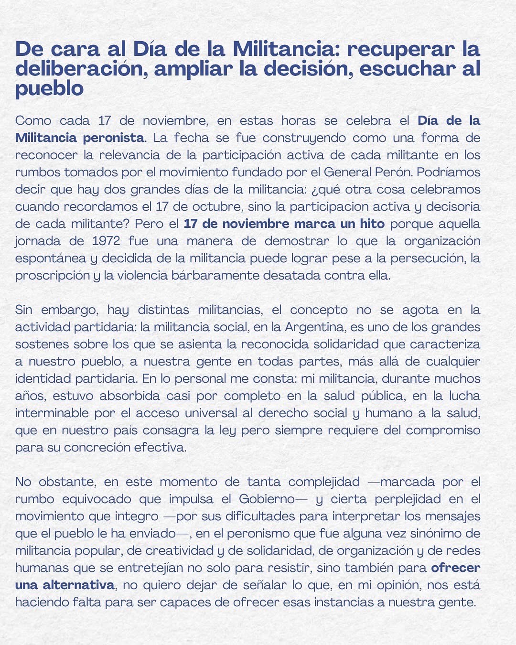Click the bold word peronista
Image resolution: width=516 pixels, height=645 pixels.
[113, 138]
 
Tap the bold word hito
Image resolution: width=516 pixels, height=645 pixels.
[369, 224]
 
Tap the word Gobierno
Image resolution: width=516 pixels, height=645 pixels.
[266, 499]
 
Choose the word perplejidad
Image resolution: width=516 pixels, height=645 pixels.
[408, 499]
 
